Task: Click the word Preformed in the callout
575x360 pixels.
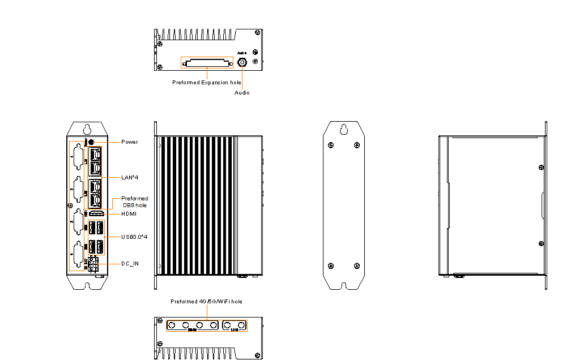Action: pyautogui.click(x=135, y=199)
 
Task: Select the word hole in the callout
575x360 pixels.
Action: pyautogui.click(x=140, y=205)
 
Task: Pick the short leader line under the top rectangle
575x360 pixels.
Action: pyautogui.click(x=207, y=74)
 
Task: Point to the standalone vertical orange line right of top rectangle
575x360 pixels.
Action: pyautogui.click(x=242, y=79)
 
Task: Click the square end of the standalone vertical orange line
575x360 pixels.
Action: pyautogui.click(x=242, y=67)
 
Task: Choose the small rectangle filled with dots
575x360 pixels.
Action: pyautogui.click(x=96, y=237)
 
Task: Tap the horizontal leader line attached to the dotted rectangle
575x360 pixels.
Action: pyautogui.click(x=113, y=237)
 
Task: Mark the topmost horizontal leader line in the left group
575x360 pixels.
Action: pyautogui.click(x=107, y=142)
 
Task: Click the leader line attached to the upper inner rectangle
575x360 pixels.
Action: pyautogui.click(x=111, y=177)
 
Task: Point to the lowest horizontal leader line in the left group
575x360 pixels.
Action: pyautogui.click(x=109, y=264)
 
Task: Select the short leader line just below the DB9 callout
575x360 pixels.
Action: pyautogui.click(x=112, y=215)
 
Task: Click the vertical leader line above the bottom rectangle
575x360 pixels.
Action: pyautogui.click(x=207, y=312)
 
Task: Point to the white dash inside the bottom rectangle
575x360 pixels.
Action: pyautogui.click(x=242, y=327)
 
